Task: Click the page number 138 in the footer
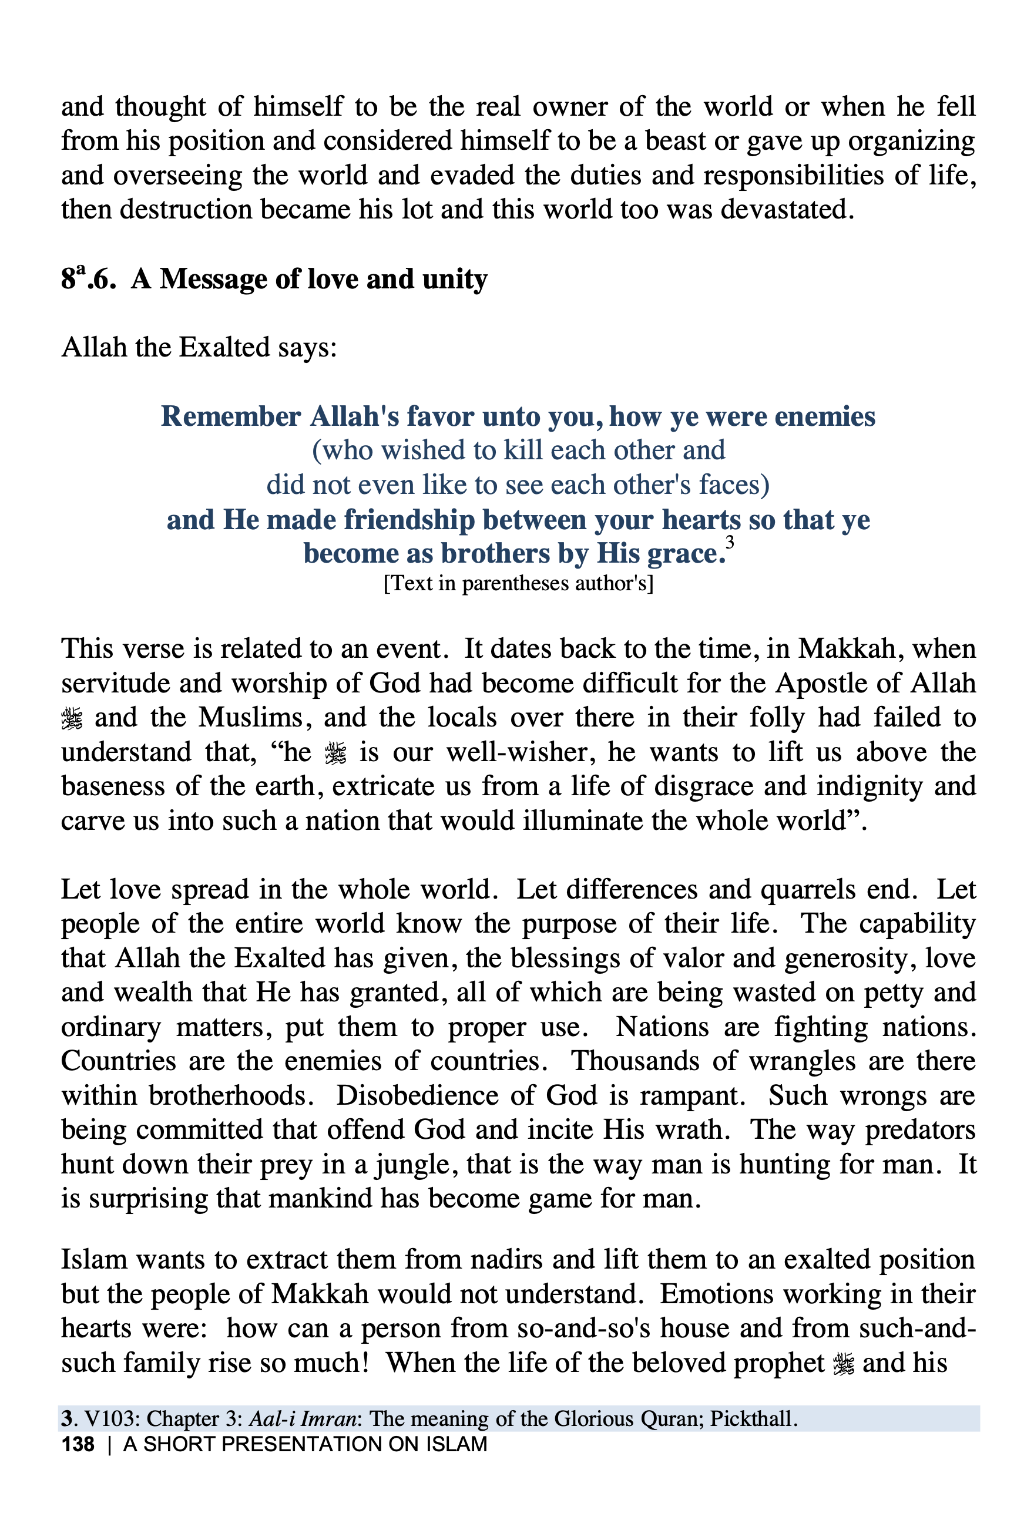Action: pyautogui.click(x=78, y=1444)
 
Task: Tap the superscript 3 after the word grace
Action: pyautogui.click(x=730, y=543)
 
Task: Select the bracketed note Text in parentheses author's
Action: pyautogui.click(x=518, y=583)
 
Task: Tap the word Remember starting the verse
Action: pyautogui.click(x=231, y=416)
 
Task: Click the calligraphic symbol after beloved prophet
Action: pyautogui.click(x=844, y=1363)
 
